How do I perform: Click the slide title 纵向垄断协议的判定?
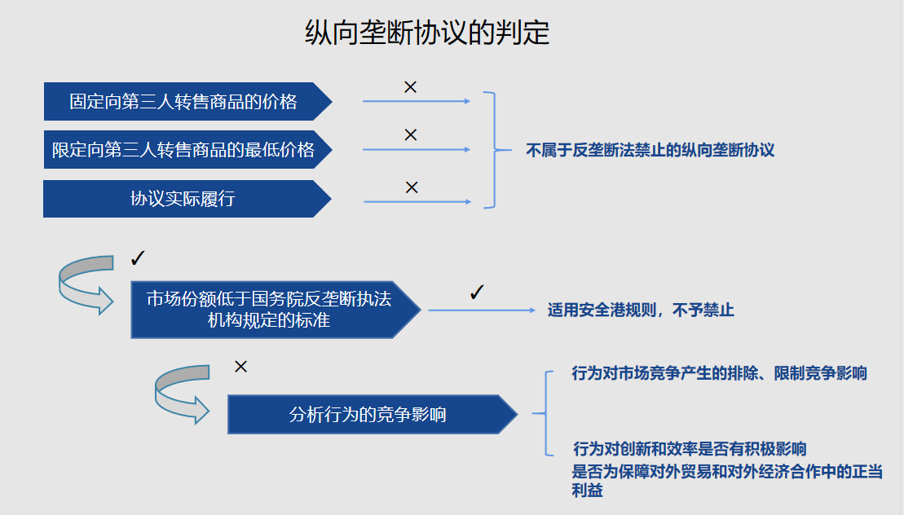(426, 33)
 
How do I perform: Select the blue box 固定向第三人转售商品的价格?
(187, 101)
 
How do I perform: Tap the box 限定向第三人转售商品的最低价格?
(187, 150)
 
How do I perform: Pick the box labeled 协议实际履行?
(187, 199)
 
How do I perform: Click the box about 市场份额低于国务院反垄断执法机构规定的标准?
(276, 310)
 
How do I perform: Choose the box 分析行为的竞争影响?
(373, 414)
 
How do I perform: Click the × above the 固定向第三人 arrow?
(411, 87)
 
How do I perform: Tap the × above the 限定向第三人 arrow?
(411, 134)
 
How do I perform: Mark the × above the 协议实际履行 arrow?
(412, 187)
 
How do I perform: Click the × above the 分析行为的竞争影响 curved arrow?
(241, 367)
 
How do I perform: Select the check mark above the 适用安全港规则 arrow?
(477, 292)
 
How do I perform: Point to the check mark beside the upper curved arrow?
(138, 258)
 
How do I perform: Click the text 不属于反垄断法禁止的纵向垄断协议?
(650, 151)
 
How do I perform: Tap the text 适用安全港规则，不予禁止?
(641, 310)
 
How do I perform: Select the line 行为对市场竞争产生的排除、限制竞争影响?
(719, 373)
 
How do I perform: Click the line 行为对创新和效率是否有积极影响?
(690, 449)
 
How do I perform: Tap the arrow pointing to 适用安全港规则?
(482, 310)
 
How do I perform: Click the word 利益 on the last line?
(588, 491)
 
